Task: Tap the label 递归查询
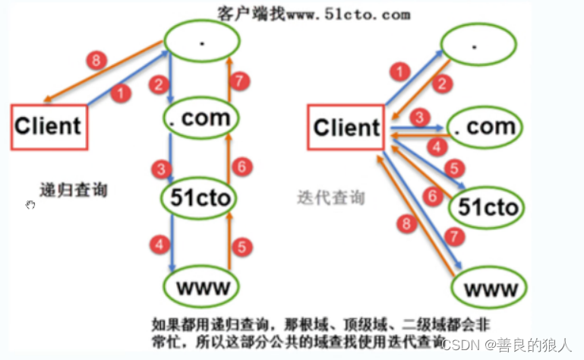74,189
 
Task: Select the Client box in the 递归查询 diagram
48,126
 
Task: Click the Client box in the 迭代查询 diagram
346,128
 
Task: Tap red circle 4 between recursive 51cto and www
159,245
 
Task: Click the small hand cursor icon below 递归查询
30,205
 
